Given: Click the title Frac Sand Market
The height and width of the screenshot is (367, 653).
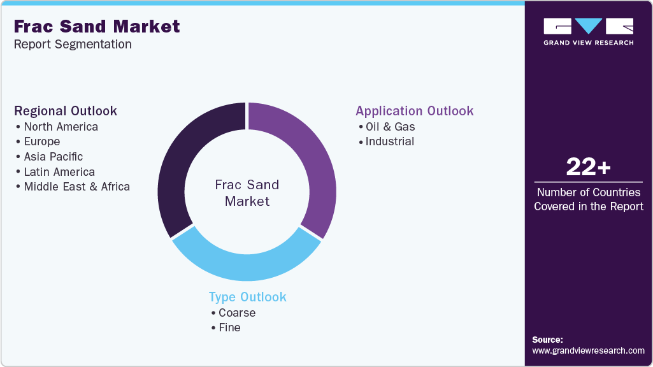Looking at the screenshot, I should (x=97, y=26).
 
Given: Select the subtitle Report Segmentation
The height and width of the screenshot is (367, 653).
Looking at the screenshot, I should (x=73, y=45).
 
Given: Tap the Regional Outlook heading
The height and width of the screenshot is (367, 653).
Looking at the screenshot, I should (x=66, y=111).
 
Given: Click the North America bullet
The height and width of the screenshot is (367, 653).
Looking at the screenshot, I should (x=61, y=127).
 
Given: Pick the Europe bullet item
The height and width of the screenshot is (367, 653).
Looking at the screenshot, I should (x=42, y=141).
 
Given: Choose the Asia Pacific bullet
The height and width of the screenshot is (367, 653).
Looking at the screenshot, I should (x=54, y=157).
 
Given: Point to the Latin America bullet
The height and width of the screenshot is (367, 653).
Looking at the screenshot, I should (x=59, y=172).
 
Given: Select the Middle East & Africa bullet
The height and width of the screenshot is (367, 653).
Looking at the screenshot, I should (x=76, y=187).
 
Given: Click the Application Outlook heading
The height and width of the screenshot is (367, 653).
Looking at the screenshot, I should (x=415, y=111).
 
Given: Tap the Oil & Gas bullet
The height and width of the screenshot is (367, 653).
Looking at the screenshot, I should (x=390, y=127).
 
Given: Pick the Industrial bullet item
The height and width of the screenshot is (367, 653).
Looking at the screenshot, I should (x=390, y=141).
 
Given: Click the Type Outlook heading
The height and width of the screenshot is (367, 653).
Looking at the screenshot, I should (x=248, y=297).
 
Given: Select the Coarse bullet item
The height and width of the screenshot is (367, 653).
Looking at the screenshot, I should (x=237, y=313).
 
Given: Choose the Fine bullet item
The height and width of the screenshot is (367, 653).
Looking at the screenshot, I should (x=229, y=327).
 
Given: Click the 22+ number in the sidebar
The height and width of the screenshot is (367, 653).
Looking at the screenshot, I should (x=589, y=168).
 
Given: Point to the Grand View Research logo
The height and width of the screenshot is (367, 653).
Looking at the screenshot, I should (x=589, y=31).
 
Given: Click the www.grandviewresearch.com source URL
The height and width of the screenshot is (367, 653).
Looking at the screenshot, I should (x=589, y=350).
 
